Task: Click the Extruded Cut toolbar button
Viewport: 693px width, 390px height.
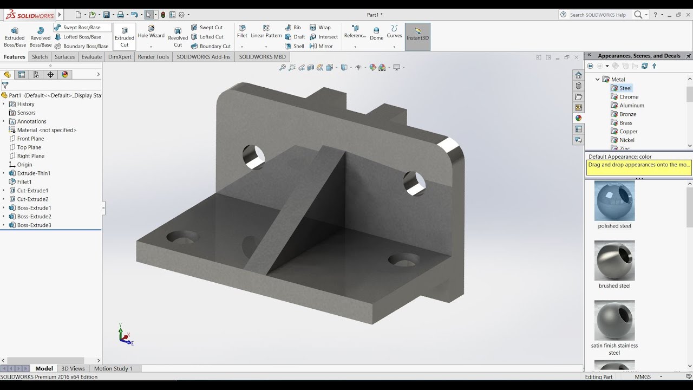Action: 124,37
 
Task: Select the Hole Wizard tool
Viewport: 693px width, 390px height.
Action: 151,32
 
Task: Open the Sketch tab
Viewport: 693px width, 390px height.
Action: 40,57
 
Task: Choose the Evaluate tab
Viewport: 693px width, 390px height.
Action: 91,57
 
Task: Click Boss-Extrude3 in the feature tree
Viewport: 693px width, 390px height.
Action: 34,225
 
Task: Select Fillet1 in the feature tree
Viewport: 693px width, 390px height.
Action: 24,182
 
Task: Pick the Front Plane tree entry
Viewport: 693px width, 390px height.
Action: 30,139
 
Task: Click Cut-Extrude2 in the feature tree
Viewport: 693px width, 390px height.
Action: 32,199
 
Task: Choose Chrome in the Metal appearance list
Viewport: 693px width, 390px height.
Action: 629,97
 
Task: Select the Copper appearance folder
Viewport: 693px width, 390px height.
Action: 628,132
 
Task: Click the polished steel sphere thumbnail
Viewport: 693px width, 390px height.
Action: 614,201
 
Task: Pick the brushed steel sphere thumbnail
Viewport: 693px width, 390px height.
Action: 614,261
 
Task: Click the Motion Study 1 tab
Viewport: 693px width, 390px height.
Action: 113,369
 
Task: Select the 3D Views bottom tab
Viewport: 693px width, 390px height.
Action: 73,369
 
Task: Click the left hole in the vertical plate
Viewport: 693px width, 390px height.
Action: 253,157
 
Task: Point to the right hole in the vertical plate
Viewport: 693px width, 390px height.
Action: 415,183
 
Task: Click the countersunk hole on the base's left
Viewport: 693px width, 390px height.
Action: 182,237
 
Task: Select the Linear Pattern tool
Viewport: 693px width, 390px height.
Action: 266,32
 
